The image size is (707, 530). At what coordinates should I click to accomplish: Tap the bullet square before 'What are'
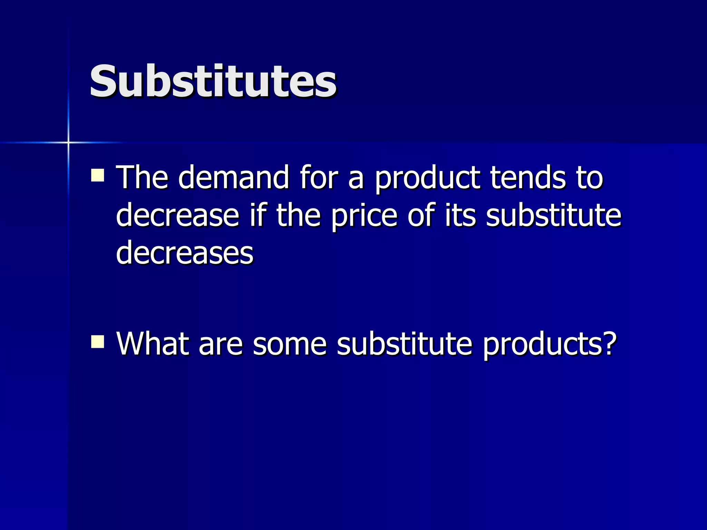(98, 342)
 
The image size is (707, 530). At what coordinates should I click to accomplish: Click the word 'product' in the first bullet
(427, 178)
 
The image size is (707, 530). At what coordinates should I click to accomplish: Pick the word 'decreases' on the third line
(185, 253)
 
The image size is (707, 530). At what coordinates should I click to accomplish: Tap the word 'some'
(290, 344)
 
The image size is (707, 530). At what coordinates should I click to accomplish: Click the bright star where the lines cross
(68, 142)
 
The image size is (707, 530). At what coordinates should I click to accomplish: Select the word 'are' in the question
(221, 345)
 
